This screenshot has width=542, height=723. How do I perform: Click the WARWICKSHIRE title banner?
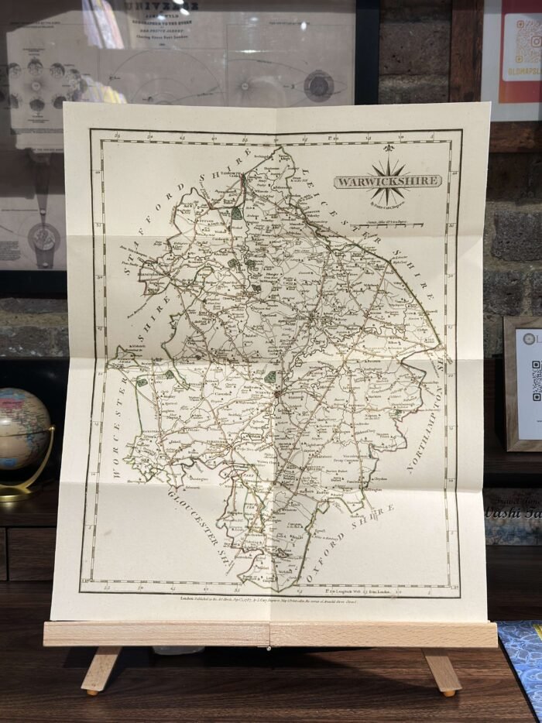tap(387, 181)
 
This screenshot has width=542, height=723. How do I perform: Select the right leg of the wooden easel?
tap(441, 670)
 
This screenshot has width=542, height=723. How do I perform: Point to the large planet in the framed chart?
tap(318, 85)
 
